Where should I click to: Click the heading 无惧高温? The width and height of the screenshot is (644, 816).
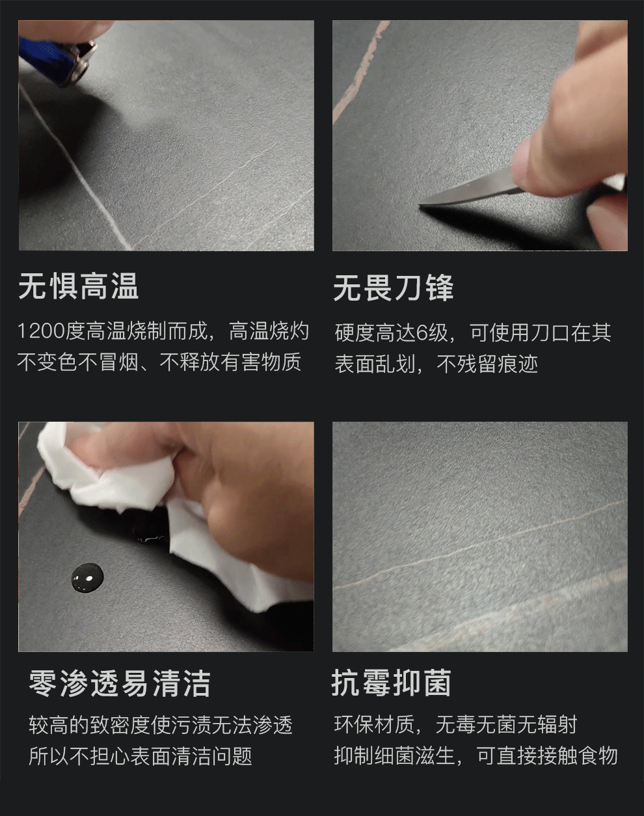79,286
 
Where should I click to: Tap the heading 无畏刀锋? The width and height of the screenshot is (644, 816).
394,288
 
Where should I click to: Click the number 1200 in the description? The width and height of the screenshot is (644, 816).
41,331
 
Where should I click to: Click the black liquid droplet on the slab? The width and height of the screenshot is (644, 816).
87,577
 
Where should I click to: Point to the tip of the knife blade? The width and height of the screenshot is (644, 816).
419,205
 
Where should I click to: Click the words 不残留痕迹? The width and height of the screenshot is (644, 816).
487,364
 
